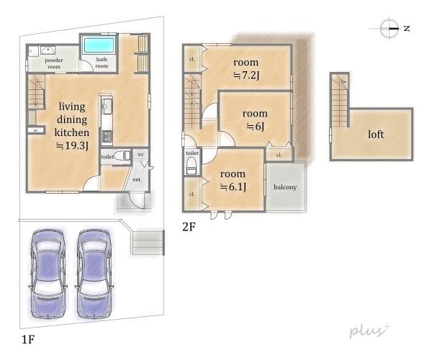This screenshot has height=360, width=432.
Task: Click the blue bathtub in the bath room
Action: coord(99,45)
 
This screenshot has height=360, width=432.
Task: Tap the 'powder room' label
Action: coord(54,63)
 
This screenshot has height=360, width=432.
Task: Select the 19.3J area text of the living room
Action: coord(72,145)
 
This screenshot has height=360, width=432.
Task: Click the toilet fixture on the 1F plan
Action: coord(122,156)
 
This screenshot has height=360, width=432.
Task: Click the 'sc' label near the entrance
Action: coord(140,154)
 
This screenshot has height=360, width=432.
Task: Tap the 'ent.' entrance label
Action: coord(138,179)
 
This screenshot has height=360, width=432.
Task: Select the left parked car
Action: coord(48,274)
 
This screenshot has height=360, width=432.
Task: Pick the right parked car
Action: coord(94,274)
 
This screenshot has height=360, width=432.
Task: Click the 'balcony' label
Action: coord(285,187)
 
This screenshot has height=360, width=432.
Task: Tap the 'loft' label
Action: coord(376,135)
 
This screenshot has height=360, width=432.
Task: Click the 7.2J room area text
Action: coord(246,75)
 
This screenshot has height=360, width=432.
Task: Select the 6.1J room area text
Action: coord(233,186)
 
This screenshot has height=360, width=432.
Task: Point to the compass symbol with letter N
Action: coord(390,28)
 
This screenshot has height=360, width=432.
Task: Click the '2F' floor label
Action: coord(189,227)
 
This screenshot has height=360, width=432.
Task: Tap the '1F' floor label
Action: coord(28,339)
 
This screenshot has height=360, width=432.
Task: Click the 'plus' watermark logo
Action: coord(370,330)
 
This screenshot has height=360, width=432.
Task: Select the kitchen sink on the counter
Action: coord(107,106)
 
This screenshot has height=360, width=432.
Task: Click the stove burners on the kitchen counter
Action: coord(107,136)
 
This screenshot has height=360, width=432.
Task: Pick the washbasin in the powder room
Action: coord(48,50)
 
